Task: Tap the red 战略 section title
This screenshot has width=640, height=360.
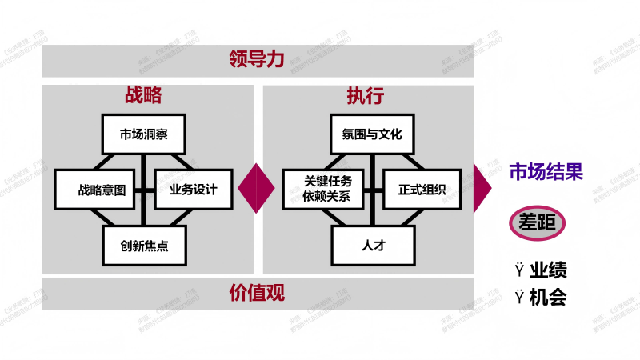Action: (x=143, y=95)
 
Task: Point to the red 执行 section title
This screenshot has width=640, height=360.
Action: (x=366, y=96)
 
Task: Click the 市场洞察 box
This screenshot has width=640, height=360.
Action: (x=143, y=134)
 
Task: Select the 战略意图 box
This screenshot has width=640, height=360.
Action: (x=95, y=190)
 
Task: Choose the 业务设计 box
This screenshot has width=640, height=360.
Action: (x=193, y=190)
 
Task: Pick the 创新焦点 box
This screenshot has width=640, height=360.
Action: (x=144, y=246)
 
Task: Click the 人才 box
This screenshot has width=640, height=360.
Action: (x=373, y=246)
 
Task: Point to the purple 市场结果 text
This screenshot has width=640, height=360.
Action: (x=546, y=171)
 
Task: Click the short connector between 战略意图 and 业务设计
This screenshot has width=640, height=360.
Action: (x=144, y=190)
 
